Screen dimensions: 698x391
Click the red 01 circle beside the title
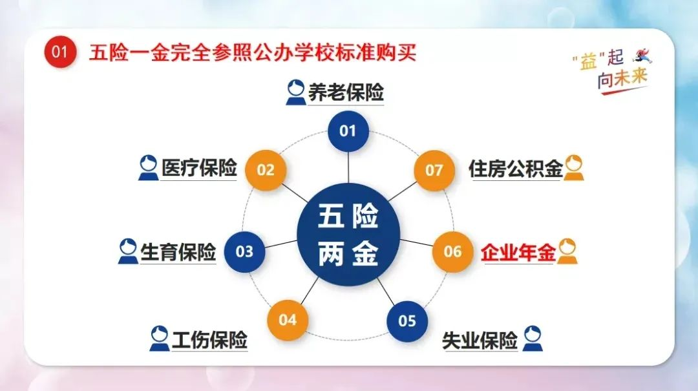pyautogui.click(x=60, y=52)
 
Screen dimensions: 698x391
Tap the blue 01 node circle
pyautogui.click(x=348, y=131)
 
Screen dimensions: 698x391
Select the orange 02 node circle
pyautogui.click(x=266, y=170)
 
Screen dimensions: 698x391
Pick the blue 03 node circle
pyautogui.click(x=244, y=251)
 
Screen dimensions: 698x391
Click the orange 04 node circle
pyautogui.click(x=288, y=320)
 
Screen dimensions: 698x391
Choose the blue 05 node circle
pyautogui.click(x=407, y=321)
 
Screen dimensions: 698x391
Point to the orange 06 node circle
pyautogui.click(x=452, y=251)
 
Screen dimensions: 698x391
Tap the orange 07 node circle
pyautogui.click(x=434, y=170)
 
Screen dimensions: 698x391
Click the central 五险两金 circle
pyautogui.click(x=348, y=234)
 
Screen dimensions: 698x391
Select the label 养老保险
pyautogui.click(x=346, y=92)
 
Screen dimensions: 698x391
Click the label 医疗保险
pyautogui.click(x=199, y=168)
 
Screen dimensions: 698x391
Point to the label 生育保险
pyautogui.click(x=178, y=253)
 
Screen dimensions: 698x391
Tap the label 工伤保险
pyautogui.click(x=209, y=340)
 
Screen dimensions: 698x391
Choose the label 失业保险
pyautogui.click(x=480, y=341)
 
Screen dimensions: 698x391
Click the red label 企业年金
pyautogui.click(x=518, y=253)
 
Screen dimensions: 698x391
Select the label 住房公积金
pyautogui.click(x=516, y=169)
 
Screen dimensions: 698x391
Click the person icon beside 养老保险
pyautogui.click(x=295, y=92)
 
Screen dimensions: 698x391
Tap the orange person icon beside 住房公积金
pyautogui.click(x=573, y=168)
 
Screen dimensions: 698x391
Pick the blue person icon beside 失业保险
pyautogui.click(x=533, y=339)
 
